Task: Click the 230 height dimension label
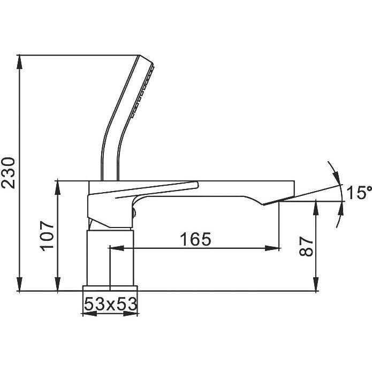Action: (x=8, y=172)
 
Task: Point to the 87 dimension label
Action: (x=306, y=246)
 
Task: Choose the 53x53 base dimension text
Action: (x=111, y=304)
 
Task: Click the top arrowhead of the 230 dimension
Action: (x=20, y=62)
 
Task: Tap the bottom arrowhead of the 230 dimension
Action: (x=20, y=284)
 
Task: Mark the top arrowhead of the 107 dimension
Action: (x=58, y=187)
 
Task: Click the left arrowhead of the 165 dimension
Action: (x=117, y=248)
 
